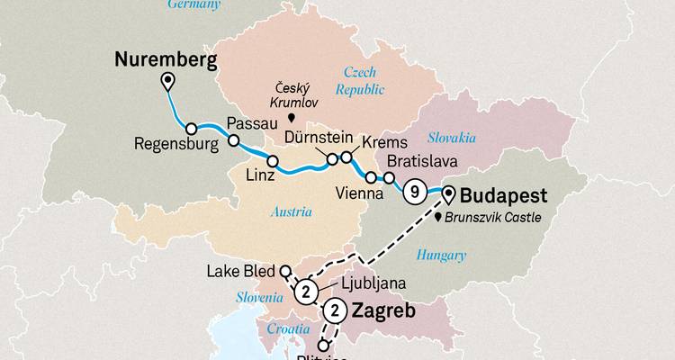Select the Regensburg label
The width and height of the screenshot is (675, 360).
175,143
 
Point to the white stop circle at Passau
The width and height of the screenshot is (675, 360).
233,140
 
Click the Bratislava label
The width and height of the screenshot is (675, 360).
422,162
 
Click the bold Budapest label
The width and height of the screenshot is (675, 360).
505,194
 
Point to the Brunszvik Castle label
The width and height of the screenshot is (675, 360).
501,218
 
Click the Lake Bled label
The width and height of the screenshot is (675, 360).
243,270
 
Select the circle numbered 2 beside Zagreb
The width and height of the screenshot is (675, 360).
335,311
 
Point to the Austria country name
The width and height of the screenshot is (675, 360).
290,212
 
